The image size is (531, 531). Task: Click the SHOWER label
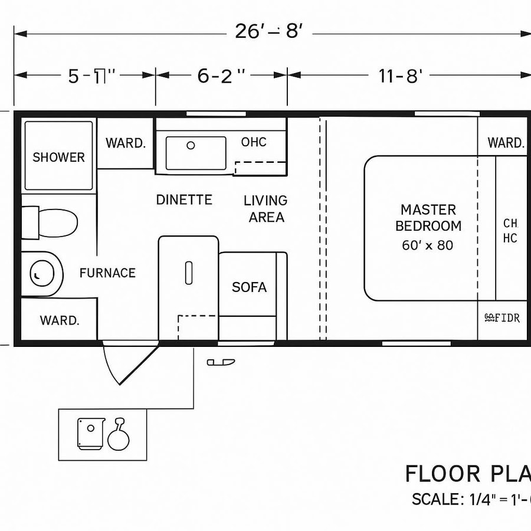coord(58,158)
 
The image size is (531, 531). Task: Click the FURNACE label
coord(107,273)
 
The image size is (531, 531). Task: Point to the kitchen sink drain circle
coord(191,145)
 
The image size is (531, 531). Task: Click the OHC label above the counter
coord(254,142)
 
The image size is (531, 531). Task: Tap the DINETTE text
coord(184,200)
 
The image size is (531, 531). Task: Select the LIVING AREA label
coord(265,209)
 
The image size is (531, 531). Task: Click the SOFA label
coord(249,287)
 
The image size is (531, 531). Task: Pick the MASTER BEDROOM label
coord(428,218)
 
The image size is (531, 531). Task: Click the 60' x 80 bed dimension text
coord(428,245)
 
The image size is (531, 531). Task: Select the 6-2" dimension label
coord(221,76)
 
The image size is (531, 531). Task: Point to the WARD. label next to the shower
coord(126,143)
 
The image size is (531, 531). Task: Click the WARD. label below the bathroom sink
coord(60,320)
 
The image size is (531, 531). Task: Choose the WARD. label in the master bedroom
coord(506,143)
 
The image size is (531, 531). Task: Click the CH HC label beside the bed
coord(510,231)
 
